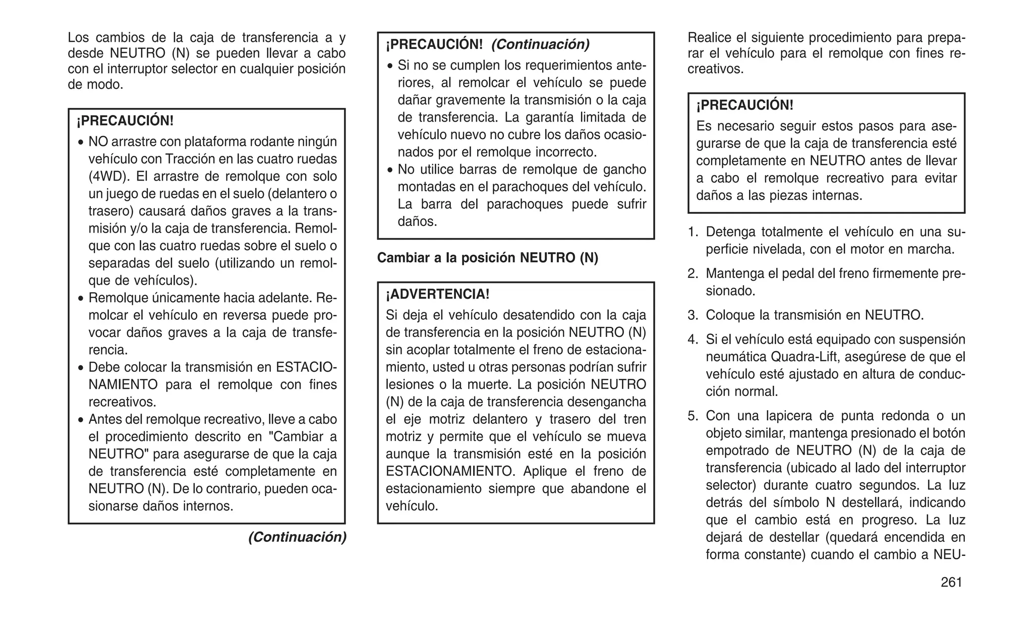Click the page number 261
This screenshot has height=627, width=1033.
tap(951, 582)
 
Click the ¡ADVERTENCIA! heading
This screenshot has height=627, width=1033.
tap(437, 294)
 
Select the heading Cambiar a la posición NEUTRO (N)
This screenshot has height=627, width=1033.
tap(487, 258)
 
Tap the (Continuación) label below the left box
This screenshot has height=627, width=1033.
tap(297, 537)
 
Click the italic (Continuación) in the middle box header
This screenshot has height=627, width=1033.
tap(540, 44)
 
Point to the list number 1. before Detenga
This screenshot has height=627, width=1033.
tap(693, 232)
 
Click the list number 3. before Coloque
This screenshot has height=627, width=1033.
tap(693, 315)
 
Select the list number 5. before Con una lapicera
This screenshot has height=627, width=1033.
tap(693, 416)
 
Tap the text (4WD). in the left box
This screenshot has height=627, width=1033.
tap(104, 177)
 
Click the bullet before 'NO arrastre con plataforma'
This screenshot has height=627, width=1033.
tap(81, 143)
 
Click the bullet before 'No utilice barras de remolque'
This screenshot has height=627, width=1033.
tap(390, 170)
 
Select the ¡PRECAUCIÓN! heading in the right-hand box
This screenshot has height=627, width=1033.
tap(744, 105)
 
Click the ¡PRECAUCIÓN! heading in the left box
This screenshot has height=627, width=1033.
tap(125, 121)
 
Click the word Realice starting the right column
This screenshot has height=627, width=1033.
tap(709, 38)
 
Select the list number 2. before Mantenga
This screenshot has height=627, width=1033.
tap(693, 273)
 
